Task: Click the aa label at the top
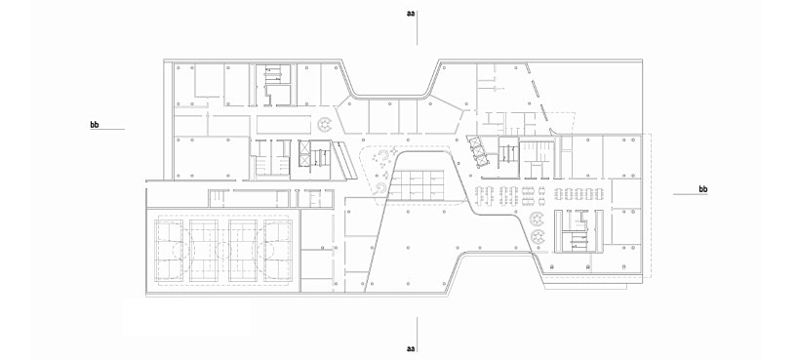(411, 14)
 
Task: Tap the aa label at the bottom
(411, 349)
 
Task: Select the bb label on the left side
(95, 124)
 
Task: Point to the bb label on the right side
(702, 189)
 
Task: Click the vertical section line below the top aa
(418, 27)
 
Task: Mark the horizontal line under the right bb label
(690, 194)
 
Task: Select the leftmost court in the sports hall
(169, 251)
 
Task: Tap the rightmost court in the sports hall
(277, 251)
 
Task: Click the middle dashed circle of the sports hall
(223, 251)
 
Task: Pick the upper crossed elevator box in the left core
(304, 147)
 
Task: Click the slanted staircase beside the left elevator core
(344, 161)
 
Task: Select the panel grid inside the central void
(417, 185)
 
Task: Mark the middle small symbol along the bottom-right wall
(589, 265)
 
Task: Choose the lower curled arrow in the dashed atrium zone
(379, 189)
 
